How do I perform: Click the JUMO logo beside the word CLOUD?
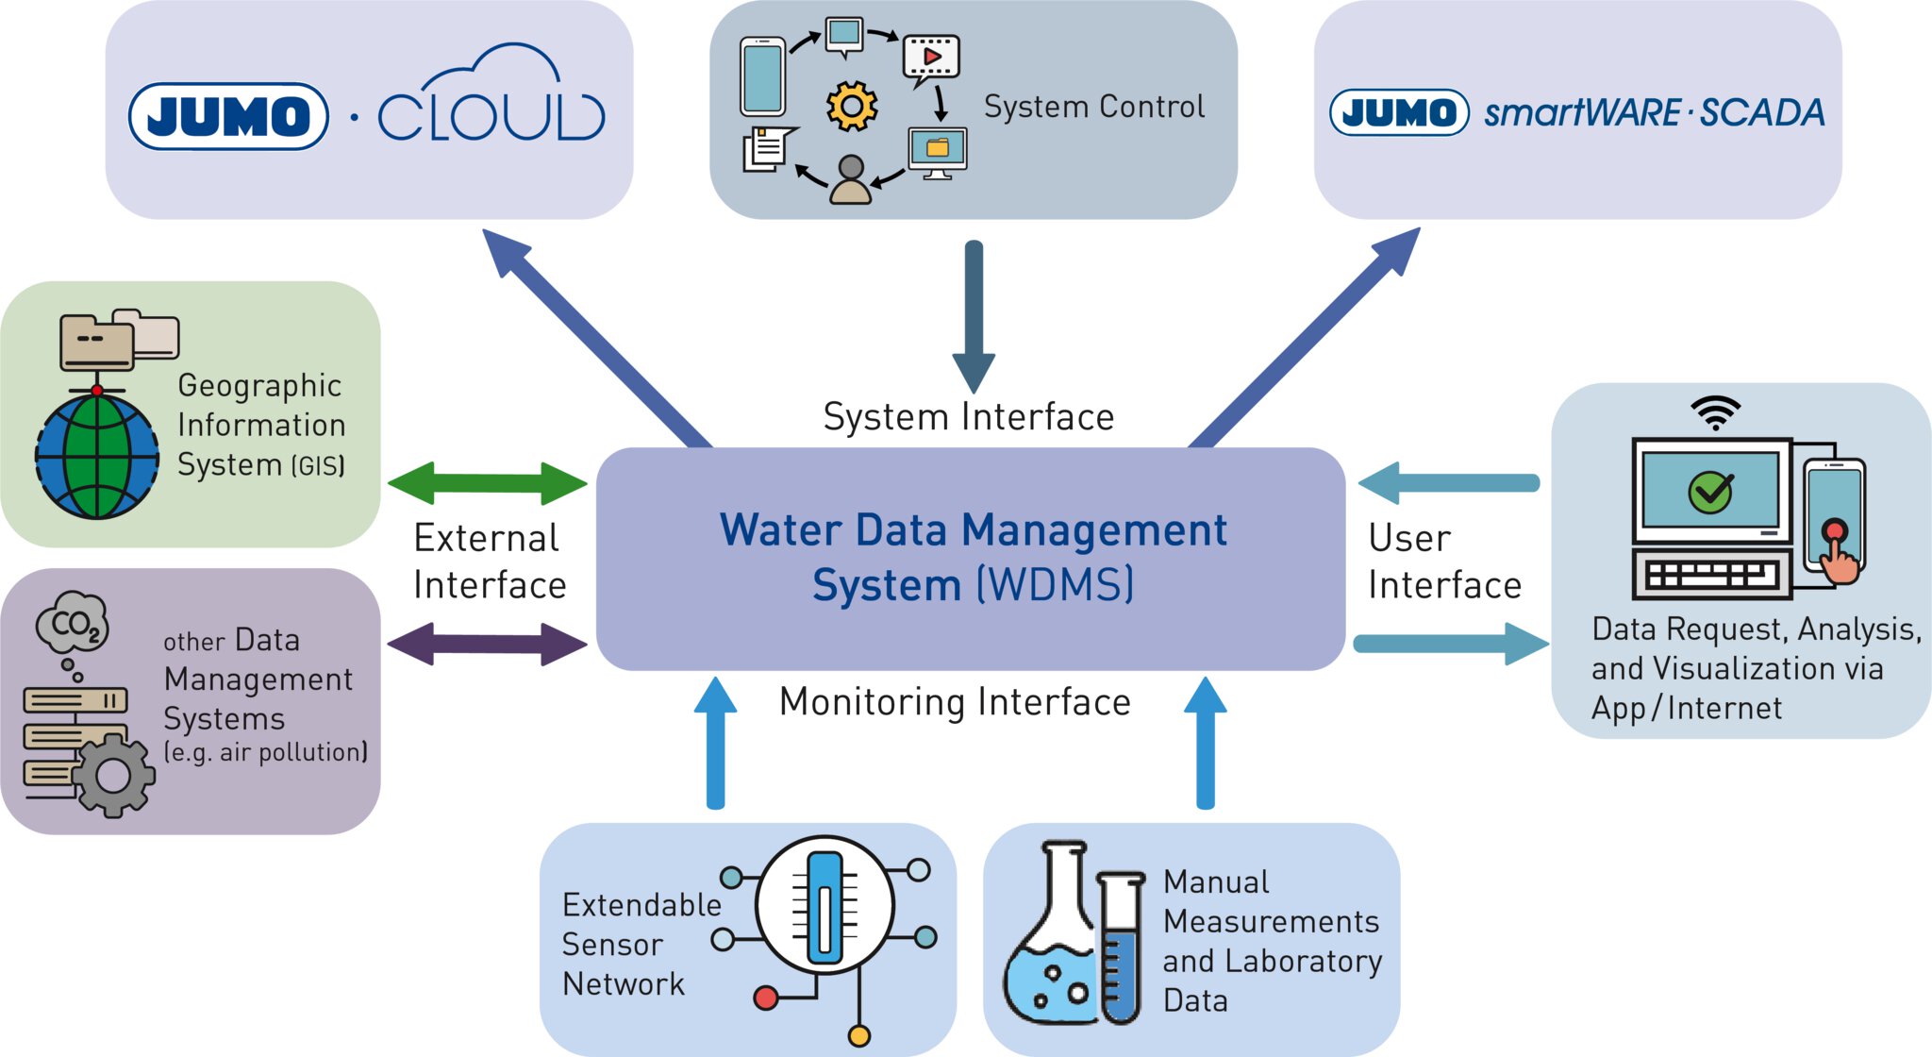coord(228,116)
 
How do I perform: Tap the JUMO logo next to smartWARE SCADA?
coord(1399,113)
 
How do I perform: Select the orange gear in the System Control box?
coord(851,106)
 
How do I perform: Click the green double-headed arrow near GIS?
coord(488,483)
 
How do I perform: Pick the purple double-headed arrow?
coord(488,645)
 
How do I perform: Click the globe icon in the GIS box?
coord(97,457)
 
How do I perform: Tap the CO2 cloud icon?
coord(72,622)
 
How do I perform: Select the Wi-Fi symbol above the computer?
coord(1715,412)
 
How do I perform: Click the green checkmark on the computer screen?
coord(1710,492)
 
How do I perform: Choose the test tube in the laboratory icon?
coord(1121,948)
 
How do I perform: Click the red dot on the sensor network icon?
coord(766,998)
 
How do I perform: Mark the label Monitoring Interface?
coord(955,702)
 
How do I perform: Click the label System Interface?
coord(969,417)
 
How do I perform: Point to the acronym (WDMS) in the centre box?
coord(1055,585)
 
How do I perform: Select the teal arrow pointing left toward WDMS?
coord(1448,483)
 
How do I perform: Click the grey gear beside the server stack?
coord(113,775)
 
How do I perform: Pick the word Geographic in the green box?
coord(259,386)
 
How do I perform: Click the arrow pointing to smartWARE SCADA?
coord(1307,335)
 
